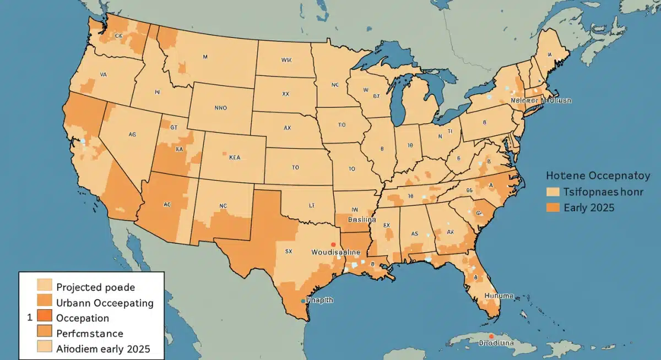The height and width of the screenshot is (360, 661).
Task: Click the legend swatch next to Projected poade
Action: (x=44, y=285)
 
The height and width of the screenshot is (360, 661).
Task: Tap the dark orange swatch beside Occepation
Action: (x=44, y=316)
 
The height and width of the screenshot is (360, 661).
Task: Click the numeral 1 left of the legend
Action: (x=28, y=318)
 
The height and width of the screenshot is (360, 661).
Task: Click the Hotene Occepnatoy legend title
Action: (x=598, y=176)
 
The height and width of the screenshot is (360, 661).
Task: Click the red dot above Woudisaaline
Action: (x=333, y=244)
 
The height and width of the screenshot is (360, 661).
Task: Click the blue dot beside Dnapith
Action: (x=303, y=301)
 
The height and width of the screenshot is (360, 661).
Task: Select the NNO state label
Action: (x=220, y=108)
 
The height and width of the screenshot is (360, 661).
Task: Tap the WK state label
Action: (x=286, y=59)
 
